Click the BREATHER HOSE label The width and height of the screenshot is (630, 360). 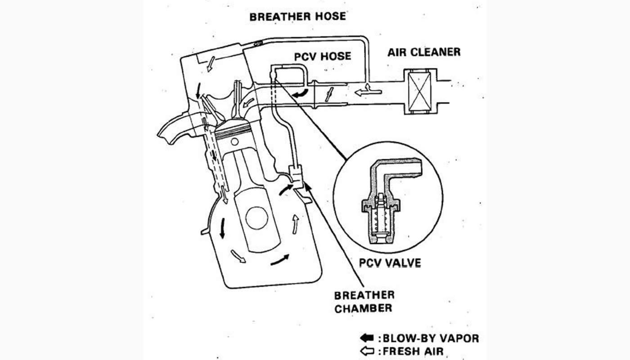[x=297, y=17]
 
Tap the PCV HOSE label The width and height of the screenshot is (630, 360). [x=322, y=57]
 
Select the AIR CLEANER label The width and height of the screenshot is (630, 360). [x=424, y=52]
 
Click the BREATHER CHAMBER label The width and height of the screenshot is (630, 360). [x=364, y=302]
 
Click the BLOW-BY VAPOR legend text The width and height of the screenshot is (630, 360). [x=430, y=338]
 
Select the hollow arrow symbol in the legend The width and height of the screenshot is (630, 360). [x=368, y=350]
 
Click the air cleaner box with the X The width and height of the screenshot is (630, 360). [x=420, y=91]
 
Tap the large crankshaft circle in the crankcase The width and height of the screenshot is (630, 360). [x=256, y=218]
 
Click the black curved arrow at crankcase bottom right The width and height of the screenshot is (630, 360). [x=280, y=259]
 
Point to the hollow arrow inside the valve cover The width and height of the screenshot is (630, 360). [x=209, y=64]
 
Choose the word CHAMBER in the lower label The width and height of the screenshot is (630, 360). [x=363, y=309]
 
